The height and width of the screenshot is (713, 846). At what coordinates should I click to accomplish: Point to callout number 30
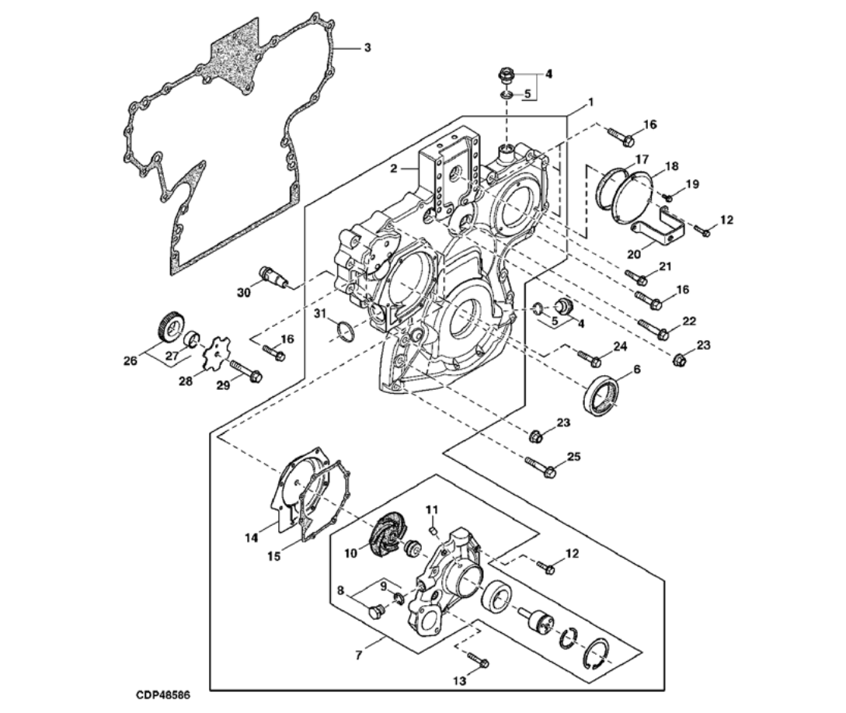tap(244, 292)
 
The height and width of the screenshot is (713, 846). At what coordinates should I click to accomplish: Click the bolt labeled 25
tap(541, 468)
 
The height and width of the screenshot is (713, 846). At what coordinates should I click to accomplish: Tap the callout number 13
tap(460, 681)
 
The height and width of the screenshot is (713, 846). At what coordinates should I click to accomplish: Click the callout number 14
tap(251, 537)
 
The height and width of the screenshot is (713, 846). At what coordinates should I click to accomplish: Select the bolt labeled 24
tap(590, 358)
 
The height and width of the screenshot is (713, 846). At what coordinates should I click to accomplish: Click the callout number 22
tap(689, 321)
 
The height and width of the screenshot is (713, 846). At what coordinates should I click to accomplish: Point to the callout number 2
tap(394, 168)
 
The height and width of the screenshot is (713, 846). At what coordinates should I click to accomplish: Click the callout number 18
tap(671, 165)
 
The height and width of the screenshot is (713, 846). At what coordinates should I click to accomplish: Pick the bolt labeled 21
tap(637, 277)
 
